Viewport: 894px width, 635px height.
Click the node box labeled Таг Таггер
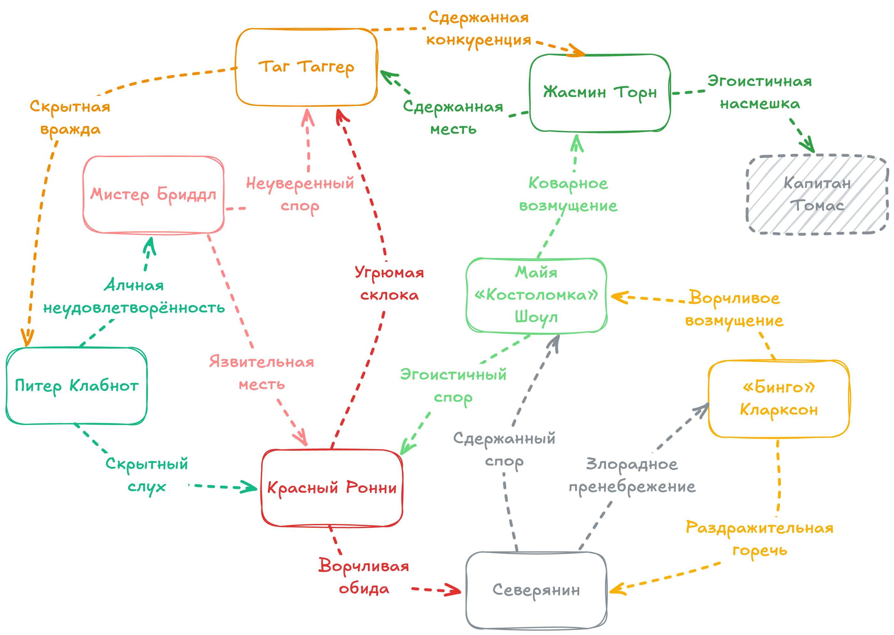pos(306,67)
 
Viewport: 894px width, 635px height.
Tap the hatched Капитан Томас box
pos(817,194)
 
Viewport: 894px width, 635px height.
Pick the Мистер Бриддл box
pos(153,194)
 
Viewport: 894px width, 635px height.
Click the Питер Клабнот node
pos(76,385)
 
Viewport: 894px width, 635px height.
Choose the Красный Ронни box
pos(332,488)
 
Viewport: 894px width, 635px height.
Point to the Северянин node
pos(536,590)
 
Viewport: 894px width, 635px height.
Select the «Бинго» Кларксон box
pos(779,399)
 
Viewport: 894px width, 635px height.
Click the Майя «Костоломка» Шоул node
pos(536,295)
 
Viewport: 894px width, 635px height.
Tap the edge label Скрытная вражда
pos(71,117)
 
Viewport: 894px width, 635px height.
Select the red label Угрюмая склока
pos(389,283)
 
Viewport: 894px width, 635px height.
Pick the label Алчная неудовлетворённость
pos(134,296)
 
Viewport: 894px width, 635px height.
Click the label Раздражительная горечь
pos(759,539)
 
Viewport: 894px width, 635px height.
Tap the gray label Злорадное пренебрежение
pos(632,475)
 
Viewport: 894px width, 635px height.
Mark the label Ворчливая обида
pos(364,577)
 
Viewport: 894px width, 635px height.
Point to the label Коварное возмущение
pos(568,194)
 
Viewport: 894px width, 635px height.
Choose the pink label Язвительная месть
pos(261,373)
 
